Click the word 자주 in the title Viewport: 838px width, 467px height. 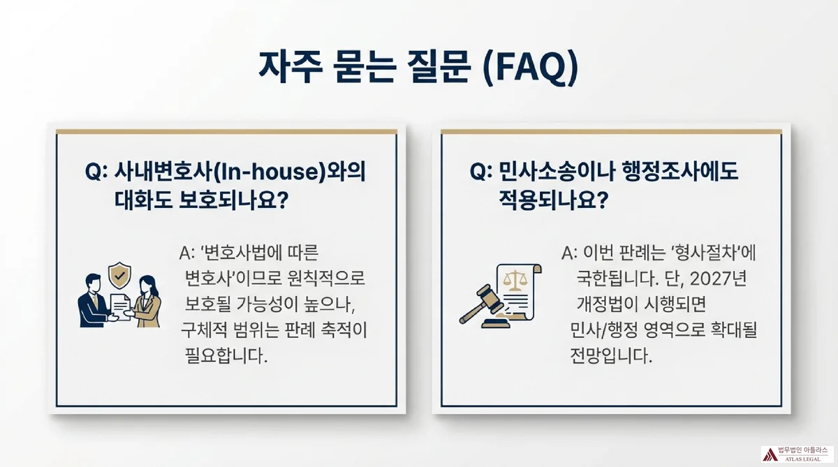pyautogui.click(x=293, y=68)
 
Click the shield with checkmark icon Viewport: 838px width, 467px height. pyautogui.click(x=119, y=276)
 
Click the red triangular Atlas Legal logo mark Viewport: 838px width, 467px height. pyautogui.click(x=770, y=454)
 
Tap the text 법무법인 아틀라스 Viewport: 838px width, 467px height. pyautogui.click(x=803, y=450)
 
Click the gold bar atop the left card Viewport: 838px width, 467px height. pyautogui.click(x=227, y=131)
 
